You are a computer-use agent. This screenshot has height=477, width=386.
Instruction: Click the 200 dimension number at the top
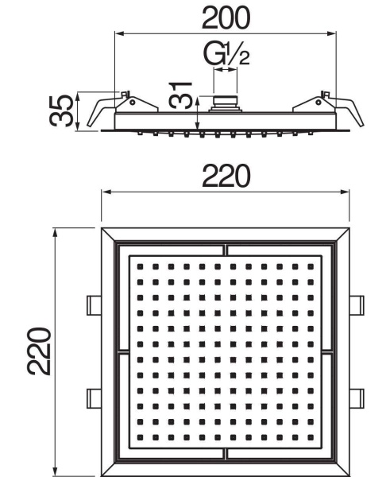[226, 17]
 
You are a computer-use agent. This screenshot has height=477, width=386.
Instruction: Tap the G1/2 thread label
[226, 54]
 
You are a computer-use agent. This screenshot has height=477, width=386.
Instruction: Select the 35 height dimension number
[61, 111]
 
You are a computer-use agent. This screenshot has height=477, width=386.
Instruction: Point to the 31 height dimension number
[181, 95]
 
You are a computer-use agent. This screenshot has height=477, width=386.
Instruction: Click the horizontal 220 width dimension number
[226, 176]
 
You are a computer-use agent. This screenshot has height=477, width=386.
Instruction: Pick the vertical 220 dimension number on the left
[38, 351]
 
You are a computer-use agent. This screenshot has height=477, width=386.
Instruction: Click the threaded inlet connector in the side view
[226, 104]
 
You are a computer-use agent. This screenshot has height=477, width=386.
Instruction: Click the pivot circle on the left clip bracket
[133, 103]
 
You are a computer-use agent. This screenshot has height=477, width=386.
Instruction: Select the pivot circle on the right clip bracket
[318, 103]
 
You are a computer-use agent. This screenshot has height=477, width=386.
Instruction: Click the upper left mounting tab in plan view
[94, 305]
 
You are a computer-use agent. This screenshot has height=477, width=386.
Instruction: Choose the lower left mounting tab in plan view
[94, 398]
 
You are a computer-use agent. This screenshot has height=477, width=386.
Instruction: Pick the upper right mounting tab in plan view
[357, 305]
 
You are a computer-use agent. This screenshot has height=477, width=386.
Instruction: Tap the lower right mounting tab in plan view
[357, 398]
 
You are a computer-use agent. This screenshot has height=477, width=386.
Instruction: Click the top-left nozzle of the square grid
[140, 267]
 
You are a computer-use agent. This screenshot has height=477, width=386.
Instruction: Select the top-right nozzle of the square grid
[311, 267]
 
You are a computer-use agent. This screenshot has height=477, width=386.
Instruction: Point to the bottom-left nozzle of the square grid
[140, 437]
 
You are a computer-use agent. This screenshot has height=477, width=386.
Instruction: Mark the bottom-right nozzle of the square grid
[311, 437]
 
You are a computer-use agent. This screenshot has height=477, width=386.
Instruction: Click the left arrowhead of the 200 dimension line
[119, 33]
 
